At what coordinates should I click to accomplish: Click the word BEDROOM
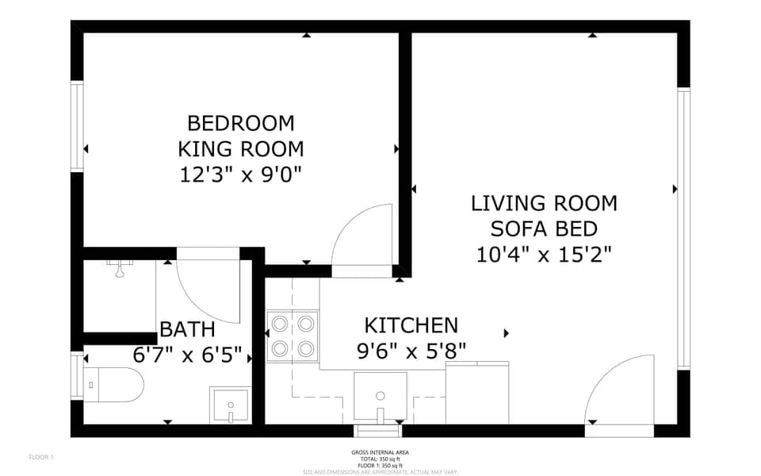240,123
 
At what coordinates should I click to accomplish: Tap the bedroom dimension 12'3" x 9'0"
240,174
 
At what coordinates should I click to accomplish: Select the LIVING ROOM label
544,203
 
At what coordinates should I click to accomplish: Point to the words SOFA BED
544,229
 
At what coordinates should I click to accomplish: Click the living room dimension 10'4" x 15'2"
544,255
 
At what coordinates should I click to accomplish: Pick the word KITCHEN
411,325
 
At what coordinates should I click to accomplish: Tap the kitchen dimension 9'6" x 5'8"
411,350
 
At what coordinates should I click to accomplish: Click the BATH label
187,329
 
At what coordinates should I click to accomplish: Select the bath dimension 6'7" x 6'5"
187,355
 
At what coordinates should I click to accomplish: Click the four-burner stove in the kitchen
293,336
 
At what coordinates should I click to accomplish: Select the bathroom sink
229,405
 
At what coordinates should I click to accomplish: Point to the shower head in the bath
119,271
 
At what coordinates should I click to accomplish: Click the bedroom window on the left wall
77,126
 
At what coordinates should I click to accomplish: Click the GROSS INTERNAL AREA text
380,452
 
